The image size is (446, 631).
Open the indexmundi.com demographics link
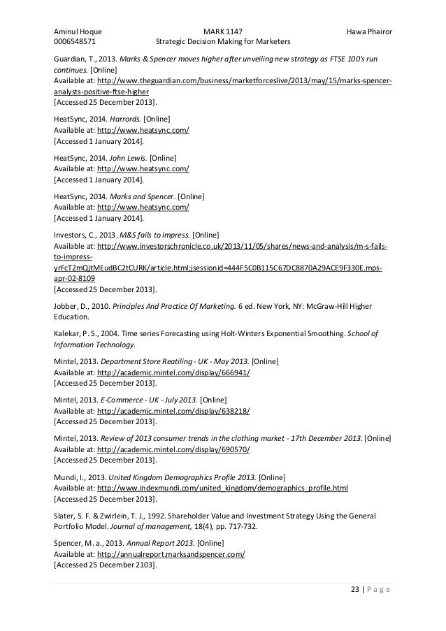pos(223,488)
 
